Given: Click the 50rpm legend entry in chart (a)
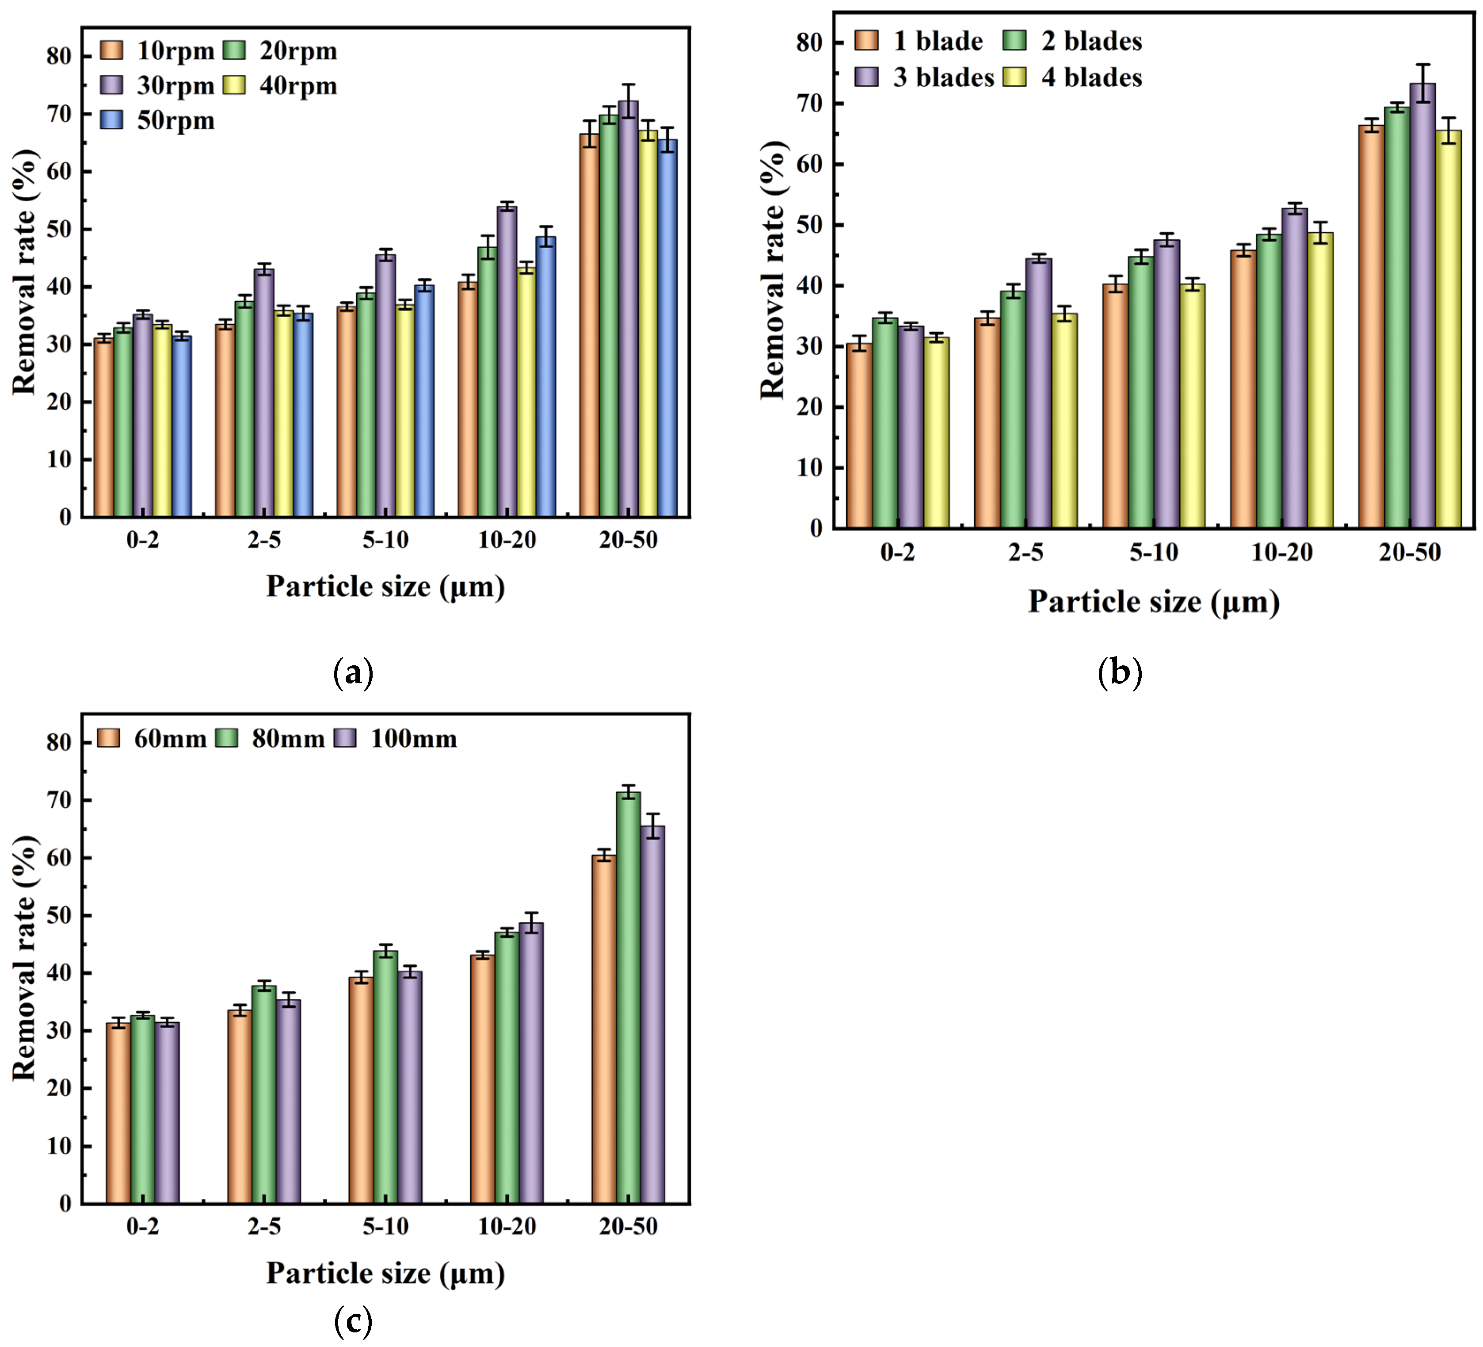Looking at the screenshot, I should tap(158, 120).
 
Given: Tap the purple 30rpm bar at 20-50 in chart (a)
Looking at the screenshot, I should tap(628, 309).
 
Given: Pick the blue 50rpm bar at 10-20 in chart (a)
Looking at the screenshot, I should tap(545, 377).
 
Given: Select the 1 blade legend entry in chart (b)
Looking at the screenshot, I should tap(919, 41).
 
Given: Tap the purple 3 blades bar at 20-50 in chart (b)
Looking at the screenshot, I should tap(1422, 306).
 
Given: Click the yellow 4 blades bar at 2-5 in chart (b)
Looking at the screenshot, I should tap(1064, 421).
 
